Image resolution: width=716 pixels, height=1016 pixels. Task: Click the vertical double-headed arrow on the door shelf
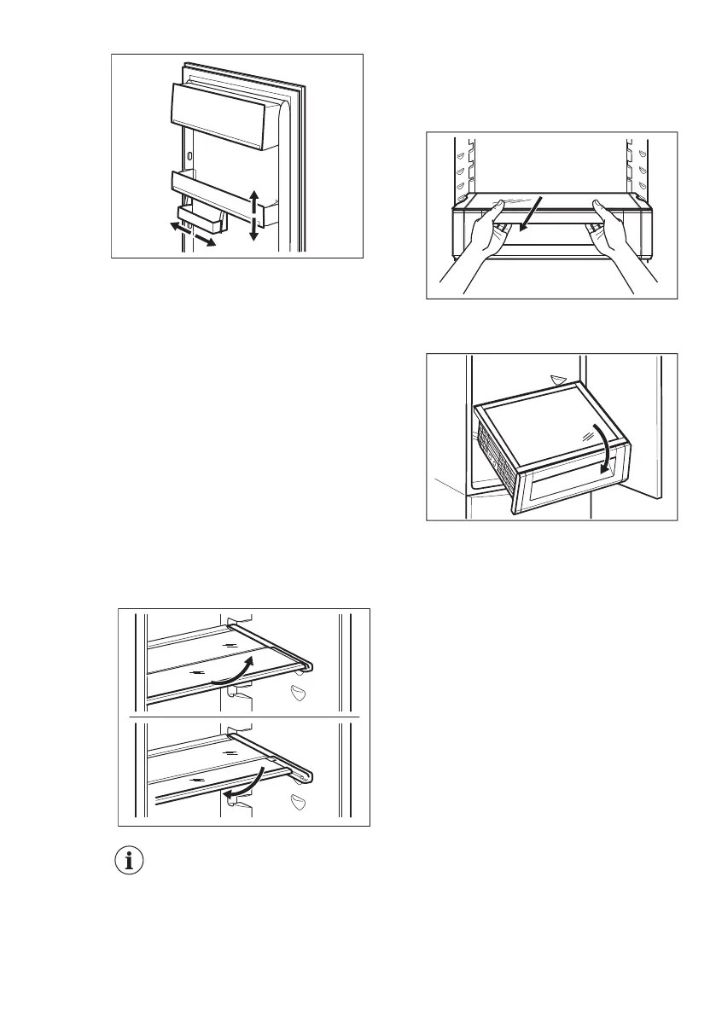click(253, 216)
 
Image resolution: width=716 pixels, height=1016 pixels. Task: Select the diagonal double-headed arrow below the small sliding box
click(191, 234)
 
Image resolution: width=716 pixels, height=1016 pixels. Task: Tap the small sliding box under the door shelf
click(202, 219)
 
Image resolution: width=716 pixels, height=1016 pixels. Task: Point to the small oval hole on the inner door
click(188, 155)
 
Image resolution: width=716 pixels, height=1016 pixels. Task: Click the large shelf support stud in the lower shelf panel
click(299, 802)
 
